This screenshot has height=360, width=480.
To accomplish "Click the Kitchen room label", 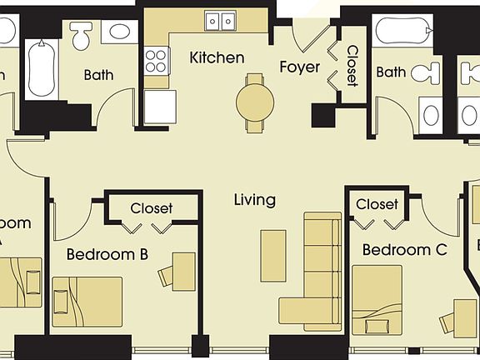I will pyautogui.click(x=217, y=57).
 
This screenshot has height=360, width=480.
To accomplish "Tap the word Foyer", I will pyautogui.click(x=299, y=67).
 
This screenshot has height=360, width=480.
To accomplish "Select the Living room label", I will pyautogui.click(x=254, y=200).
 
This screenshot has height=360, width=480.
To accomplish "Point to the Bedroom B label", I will pyautogui.click(x=107, y=254).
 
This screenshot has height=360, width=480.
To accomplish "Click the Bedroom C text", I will pyautogui.click(x=405, y=249).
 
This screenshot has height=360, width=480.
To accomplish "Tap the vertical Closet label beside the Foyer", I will pyautogui.click(x=352, y=66).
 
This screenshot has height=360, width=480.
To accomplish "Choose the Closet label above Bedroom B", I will pyautogui.click(x=152, y=208).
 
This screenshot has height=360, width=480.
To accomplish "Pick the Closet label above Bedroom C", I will pyautogui.click(x=377, y=204).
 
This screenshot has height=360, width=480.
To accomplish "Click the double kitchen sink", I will pyautogui.click(x=221, y=21).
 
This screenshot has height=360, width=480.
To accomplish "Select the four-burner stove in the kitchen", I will pyautogui.click(x=157, y=59).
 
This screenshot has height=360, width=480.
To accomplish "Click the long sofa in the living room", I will pyautogui.click(x=321, y=271).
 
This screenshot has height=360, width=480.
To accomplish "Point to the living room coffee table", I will pyautogui.click(x=273, y=255).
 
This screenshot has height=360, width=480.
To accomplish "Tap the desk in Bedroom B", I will pyautogui.click(x=183, y=270).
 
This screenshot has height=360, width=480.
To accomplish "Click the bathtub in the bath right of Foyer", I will pyautogui.click(x=402, y=31).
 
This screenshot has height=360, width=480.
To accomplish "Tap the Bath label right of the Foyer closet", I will pyautogui.click(x=391, y=72).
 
